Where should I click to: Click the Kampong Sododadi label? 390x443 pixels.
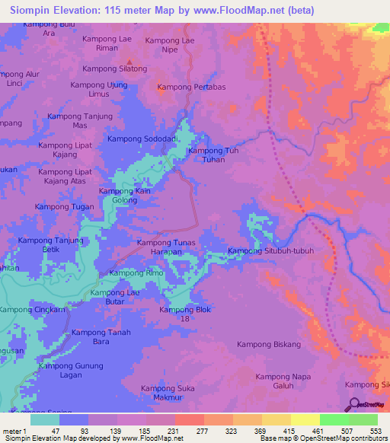click(x=142, y=139)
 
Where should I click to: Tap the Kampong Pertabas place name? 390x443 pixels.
click(x=191, y=88)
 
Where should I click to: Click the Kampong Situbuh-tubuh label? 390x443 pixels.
click(x=271, y=251)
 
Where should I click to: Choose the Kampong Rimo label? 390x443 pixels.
click(x=136, y=272)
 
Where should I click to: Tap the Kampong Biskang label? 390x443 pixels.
click(x=270, y=344)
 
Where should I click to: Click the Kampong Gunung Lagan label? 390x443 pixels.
click(x=71, y=371)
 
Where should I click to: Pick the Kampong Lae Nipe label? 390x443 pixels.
click(x=172, y=45)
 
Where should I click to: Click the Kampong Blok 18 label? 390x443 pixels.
click(x=185, y=314)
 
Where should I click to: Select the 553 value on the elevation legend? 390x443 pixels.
click(x=375, y=430)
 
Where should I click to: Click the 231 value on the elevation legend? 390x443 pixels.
click(x=174, y=430)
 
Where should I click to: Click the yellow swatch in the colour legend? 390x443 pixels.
click(x=305, y=419)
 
